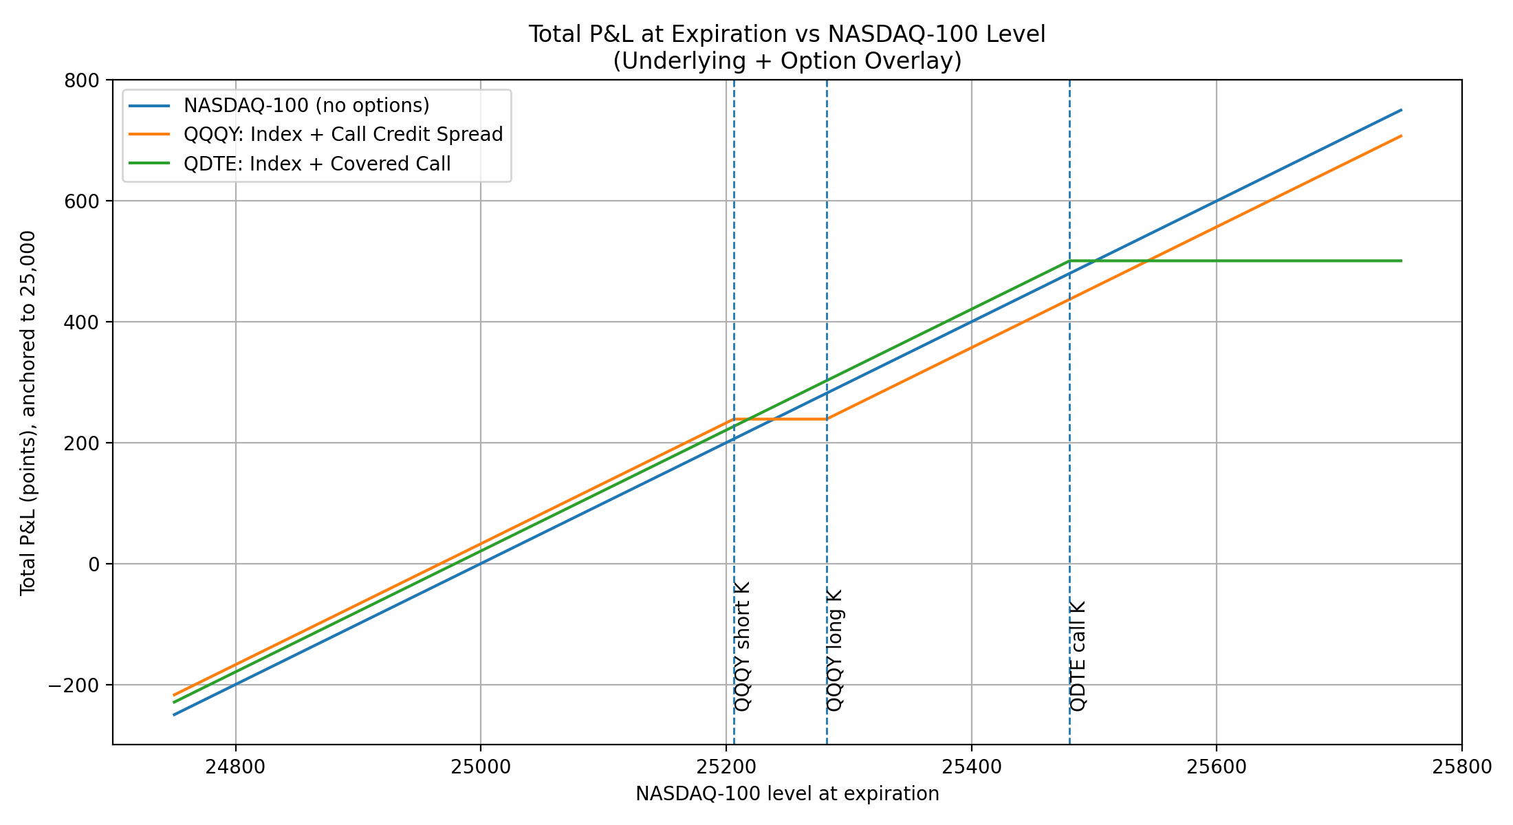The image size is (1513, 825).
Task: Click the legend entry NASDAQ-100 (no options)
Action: pyautogui.click(x=306, y=105)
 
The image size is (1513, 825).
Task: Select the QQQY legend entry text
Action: pyautogui.click(x=342, y=134)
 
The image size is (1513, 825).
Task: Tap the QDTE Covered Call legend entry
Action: pyautogui.click(x=316, y=164)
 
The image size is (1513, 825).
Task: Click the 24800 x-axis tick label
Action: pyautogui.click(x=235, y=767)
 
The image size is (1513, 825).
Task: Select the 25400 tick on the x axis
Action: pyautogui.click(x=971, y=767)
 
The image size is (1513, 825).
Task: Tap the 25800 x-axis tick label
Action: pyautogui.click(x=1461, y=767)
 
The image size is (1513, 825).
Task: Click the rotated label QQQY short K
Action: pyautogui.click(x=743, y=646)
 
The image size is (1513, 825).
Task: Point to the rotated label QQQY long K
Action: pyautogui.click(x=835, y=650)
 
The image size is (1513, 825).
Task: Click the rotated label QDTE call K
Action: pyautogui.click(x=1078, y=656)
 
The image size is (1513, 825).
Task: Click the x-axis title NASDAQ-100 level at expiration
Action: pyautogui.click(x=787, y=794)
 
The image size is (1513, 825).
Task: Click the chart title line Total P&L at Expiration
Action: pyautogui.click(x=787, y=34)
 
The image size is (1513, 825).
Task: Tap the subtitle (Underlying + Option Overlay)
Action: pyautogui.click(x=787, y=61)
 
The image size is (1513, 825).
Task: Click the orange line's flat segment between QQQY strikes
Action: pyautogui.click(x=781, y=419)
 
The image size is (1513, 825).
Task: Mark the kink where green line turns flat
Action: pyautogui.click(x=1069, y=261)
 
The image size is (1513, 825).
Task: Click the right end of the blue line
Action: pyautogui.click(x=1401, y=110)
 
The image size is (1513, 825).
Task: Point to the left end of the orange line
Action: pyautogui.click(x=174, y=695)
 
